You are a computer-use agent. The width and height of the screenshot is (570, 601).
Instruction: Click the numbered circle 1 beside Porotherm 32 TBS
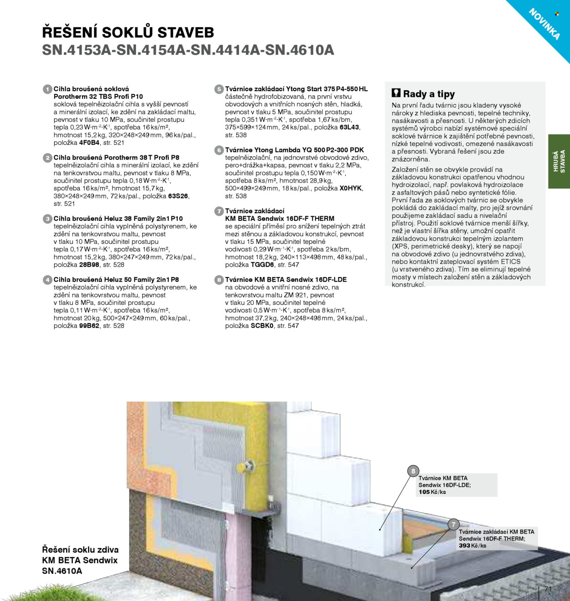pyautogui.click(x=47, y=89)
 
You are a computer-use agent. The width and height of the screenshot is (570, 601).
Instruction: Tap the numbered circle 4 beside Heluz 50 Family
pyautogui.click(x=47, y=280)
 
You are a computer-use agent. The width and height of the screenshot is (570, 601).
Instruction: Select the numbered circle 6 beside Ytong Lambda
pyautogui.click(x=219, y=150)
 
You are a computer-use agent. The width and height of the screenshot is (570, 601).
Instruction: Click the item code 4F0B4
pyautogui.click(x=89, y=143)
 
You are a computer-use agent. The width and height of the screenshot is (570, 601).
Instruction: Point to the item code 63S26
pyautogui.click(x=178, y=196)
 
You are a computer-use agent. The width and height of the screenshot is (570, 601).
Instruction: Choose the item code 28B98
pyautogui.click(x=89, y=265)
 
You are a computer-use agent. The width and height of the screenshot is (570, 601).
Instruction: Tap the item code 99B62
pyautogui.click(x=89, y=326)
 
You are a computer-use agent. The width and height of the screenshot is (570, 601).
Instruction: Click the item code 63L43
pyautogui.click(x=349, y=127)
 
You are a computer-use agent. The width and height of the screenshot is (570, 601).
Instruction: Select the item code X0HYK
pyautogui.click(x=350, y=188)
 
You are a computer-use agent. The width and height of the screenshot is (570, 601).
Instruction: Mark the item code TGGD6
pyautogui.click(x=262, y=265)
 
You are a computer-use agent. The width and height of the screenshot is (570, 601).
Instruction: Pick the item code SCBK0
pyautogui.click(x=262, y=326)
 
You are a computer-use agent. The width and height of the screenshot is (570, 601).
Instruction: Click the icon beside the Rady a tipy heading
pyautogui.click(x=396, y=93)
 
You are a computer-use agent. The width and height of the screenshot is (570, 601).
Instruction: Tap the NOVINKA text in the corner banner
pyautogui.click(x=544, y=24)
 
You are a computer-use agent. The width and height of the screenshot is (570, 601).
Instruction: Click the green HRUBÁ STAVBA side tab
pyautogui.click(x=559, y=161)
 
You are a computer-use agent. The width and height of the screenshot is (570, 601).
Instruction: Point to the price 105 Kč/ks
pyautogui.click(x=432, y=492)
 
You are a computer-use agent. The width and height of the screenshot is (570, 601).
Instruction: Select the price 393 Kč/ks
pyautogui.click(x=472, y=545)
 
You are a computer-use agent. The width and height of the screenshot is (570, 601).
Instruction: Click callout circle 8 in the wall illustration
pyautogui.click(x=413, y=471)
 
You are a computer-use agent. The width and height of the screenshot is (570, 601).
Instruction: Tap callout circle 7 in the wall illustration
pyautogui.click(x=453, y=524)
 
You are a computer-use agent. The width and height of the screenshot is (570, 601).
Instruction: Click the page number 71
pyautogui.click(x=548, y=589)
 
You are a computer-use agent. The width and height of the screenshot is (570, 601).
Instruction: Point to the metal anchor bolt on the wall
pyautogui.click(x=249, y=466)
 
